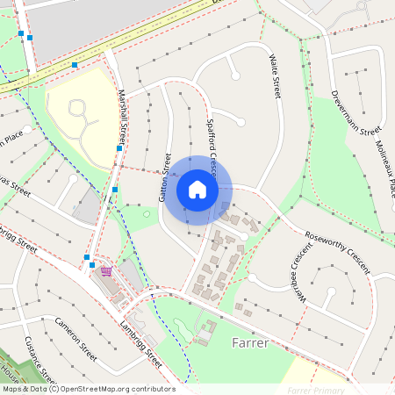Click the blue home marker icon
[197, 190]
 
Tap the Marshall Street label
[122, 123]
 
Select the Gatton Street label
[165, 177]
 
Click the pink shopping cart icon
[106, 271]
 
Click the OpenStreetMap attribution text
[88, 389]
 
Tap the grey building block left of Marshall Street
[86, 207]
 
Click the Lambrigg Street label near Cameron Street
[140, 344]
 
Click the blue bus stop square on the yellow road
[75, 65]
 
